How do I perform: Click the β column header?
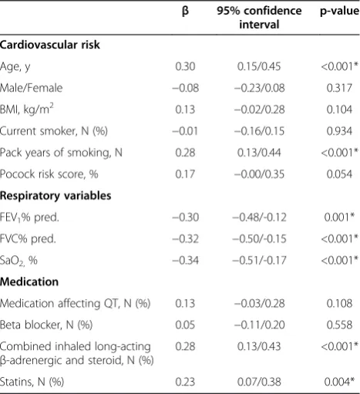pyautogui.click(x=185, y=12)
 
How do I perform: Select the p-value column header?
pyautogui.click(x=340, y=12)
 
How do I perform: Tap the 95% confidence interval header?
pyautogui.click(x=259, y=18)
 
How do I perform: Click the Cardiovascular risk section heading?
pyautogui.click(x=50, y=45)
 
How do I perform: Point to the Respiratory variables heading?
pyautogui.click(x=56, y=196)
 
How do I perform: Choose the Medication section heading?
pyautogui.click(x=29, y=282)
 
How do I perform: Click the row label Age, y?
pyautogui.click(x=15, y=67)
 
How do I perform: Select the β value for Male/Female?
pyautogui.click(x=185, y=88)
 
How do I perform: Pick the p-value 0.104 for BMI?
pyautogui.click(x=339, y=109)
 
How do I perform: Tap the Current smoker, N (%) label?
pyautogui.click(x=54, y=131)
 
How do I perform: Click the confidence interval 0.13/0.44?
pyautogui.click(x=259, y=153)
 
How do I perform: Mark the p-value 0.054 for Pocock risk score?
pyautogui.click(x=339, y=174)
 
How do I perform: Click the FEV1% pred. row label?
pyautogui.click(x=29, y=218)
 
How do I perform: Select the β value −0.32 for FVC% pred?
pyautogui.click(x=185, y=239)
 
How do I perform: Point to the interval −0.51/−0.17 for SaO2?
pyautogui.click(x=259, y=261)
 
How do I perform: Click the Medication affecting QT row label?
pyautogui.click(x=75, y=304)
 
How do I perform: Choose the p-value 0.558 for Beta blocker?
pyautogui.click(x=339, y=325)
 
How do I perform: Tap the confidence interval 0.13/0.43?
pyautogui.click(x=259, y=347)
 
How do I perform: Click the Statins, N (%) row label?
pyautogui.click(x=32, y=382)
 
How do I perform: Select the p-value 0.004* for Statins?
pyautogui.click(x=339, y=382)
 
